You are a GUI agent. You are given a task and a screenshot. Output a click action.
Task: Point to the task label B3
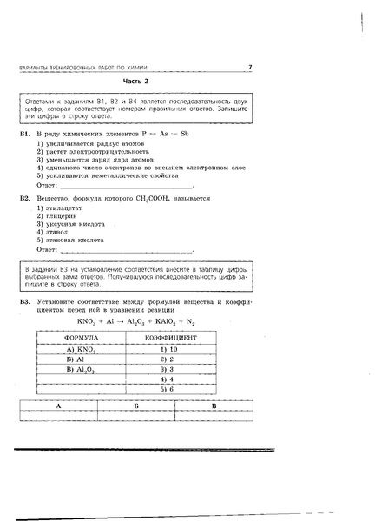point(25,301)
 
